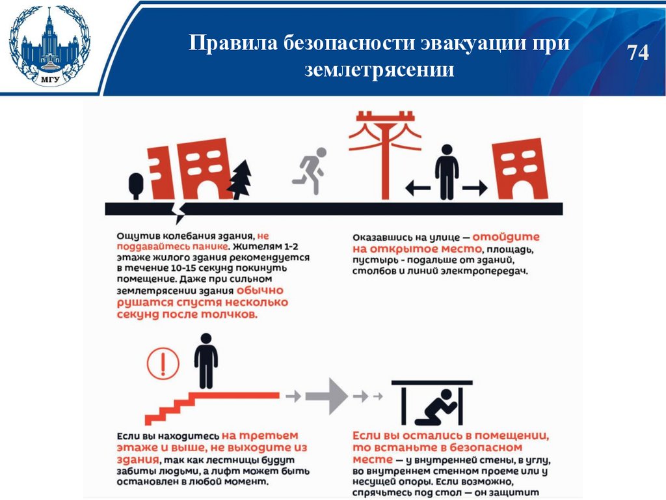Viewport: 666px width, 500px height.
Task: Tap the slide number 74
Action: pyautogui.click(x=638, y=53)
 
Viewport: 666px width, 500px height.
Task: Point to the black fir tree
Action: pyautogui.click(x=241, y=179)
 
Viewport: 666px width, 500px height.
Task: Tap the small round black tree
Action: pyautogui.click(x=136, y=185)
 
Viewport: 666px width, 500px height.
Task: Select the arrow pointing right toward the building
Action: pyautogui.click(x=475, y=189)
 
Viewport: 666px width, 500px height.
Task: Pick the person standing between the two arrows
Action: pyautogui.click(x=447, y=172)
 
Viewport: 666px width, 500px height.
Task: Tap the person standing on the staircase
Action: pyautogui.click(x=206, y=361)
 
